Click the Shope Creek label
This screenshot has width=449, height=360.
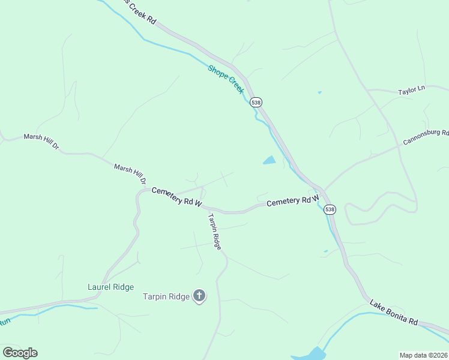(x=226, y=79)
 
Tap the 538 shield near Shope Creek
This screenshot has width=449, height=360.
(x=256, y=102)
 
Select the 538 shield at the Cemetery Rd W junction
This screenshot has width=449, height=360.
(x=329, y=209)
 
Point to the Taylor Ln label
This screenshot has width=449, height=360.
(x=411, y=90)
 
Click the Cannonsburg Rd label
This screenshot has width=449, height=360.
(x=426, y=137)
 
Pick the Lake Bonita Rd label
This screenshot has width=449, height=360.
(x=393, y=312)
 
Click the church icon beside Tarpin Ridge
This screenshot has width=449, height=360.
(x=199, y=295)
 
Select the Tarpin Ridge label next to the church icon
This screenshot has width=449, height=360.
(x=166, y=296)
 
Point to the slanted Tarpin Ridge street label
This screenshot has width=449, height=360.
(x=215, y=231)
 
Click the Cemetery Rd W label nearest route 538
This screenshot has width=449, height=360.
(x=292, y=202)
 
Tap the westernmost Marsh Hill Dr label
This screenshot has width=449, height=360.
(x=41, y=142)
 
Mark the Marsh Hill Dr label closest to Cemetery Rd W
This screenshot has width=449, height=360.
(x=130, y=173)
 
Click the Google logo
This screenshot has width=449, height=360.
(x=20, y=352)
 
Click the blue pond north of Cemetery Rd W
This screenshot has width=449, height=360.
(x=269, y=160)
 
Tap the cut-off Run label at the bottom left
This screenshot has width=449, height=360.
(x=5, y=322)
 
